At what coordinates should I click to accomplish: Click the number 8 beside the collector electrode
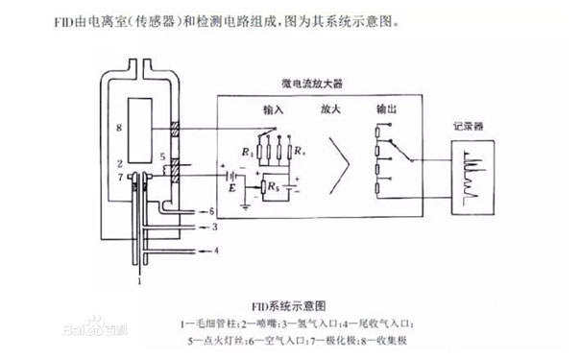click(x=118, y=127)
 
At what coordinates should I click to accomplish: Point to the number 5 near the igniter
click(x=162, y=155)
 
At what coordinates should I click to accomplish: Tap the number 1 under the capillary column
click(x=139, y=282)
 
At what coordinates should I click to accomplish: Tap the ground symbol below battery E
click(x=249, y=204)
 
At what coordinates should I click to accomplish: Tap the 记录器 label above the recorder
click(x=474, y=126)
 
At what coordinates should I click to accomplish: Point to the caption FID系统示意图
click(x=289, y=303)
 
